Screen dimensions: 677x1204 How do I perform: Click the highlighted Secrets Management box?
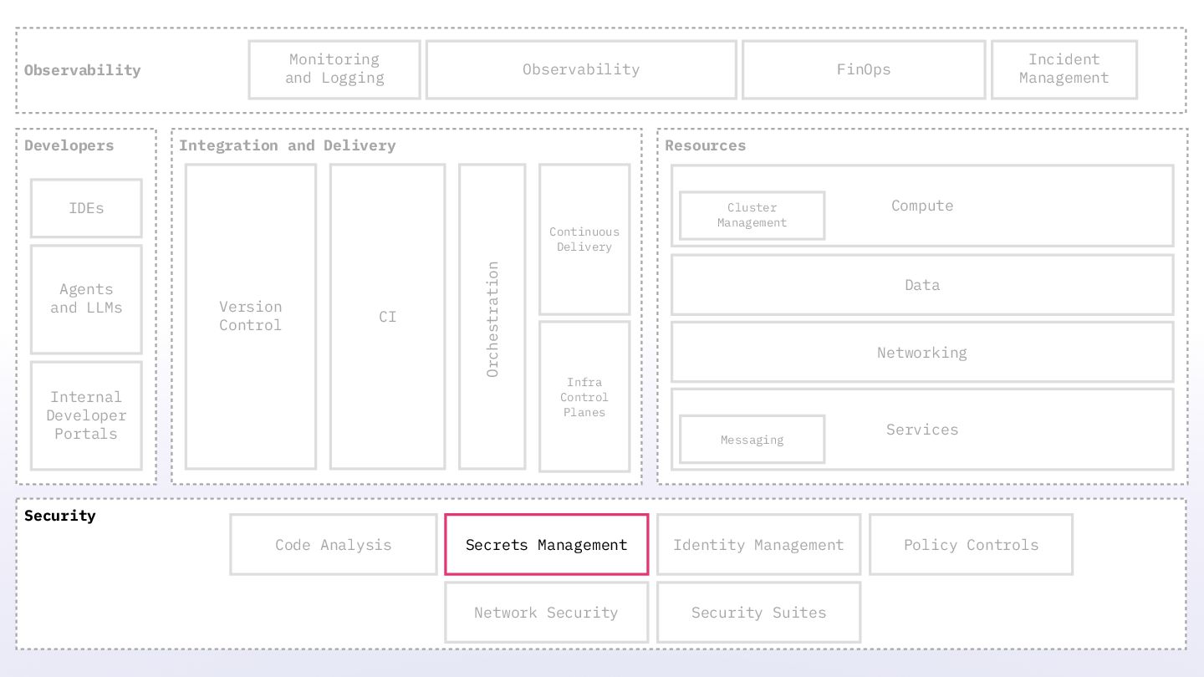(546, 544)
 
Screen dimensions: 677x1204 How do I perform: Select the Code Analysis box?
(333, 544)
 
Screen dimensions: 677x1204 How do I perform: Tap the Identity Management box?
(758, 544)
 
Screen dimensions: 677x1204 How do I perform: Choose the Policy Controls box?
(971, 544)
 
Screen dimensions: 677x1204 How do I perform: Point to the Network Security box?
(546, 612)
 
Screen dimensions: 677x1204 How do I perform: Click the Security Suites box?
(758, 612)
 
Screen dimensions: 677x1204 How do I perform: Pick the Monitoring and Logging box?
(334, 69)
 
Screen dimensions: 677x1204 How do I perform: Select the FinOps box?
(864, 69)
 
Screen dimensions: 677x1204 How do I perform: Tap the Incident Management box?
(1064, 69)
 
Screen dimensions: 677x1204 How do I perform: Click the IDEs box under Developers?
(86, 208)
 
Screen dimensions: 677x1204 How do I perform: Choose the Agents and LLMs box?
(86, 298)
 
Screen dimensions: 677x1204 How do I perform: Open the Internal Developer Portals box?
(86, 415)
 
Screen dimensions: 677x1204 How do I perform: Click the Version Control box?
(251, 316)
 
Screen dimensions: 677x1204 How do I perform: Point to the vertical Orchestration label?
(492, 318)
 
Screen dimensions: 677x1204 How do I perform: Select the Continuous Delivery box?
(584, 239)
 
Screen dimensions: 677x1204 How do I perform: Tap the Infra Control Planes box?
(584, 397)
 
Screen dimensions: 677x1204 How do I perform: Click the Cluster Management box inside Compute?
(752, 215)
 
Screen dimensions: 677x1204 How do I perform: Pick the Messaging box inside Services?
(752, 440)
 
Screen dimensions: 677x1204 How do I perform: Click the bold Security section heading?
(60, 516)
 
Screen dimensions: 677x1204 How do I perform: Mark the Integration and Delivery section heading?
(287, 145)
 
